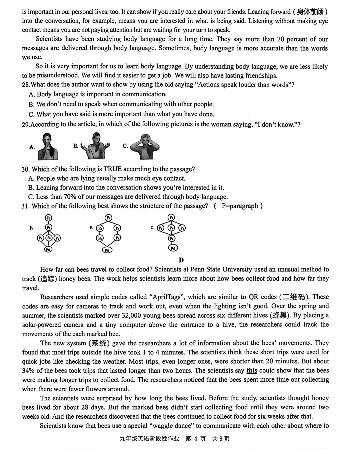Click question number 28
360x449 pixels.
pos(26,85)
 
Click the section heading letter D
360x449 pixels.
pos(181,260)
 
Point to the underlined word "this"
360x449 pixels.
pos(252,370)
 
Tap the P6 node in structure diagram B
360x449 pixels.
pos(107,250)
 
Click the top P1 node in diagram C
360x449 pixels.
pos(171,218)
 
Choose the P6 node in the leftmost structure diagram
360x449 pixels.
pos(48,249)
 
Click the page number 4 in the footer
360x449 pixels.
pos(195,439)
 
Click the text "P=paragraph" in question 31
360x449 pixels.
pos(240,206)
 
